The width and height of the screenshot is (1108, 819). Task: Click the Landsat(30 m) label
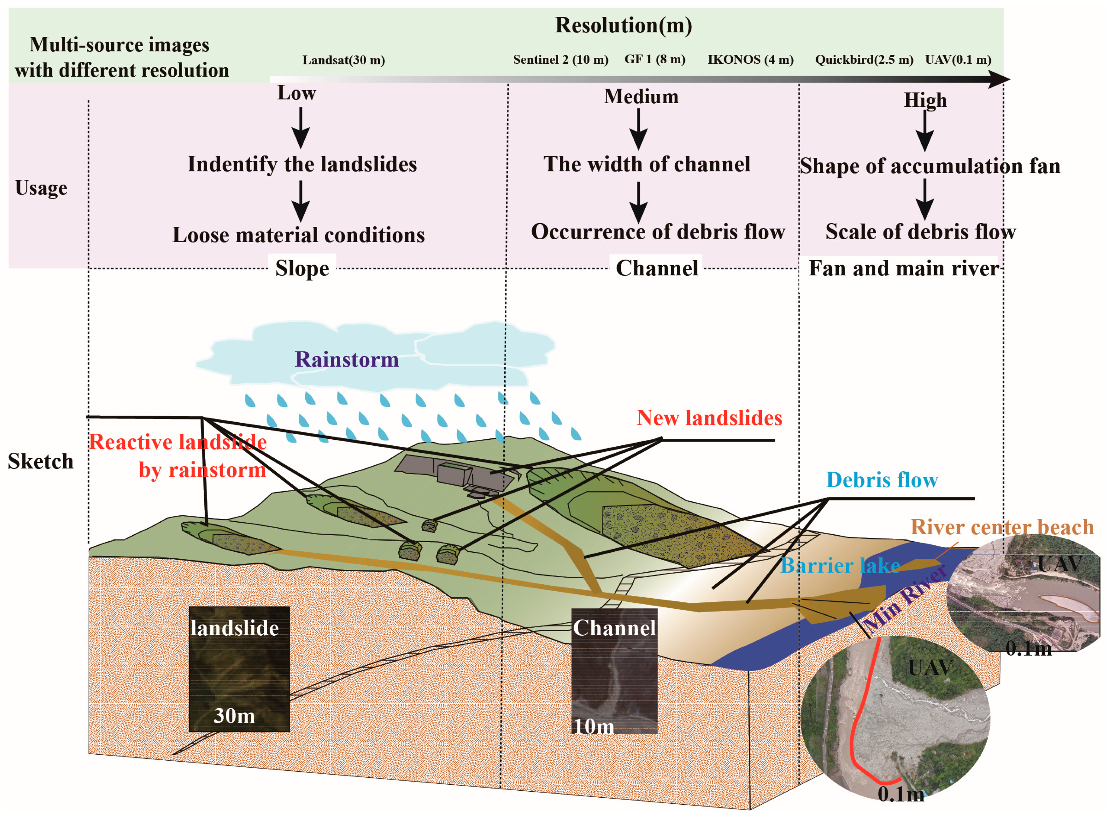(x=343, y=60)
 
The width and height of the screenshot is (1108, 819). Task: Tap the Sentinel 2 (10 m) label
(x=560, y=59)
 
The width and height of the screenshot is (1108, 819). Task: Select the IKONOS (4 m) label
(x=750, y=59)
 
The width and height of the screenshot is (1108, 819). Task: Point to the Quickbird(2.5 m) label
(x=864, y=59)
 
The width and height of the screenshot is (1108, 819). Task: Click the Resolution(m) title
(x=623, y=25)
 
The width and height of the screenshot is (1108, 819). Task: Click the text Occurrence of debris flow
(x=658, y=232)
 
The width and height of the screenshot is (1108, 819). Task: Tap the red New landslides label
(x=709, y=418)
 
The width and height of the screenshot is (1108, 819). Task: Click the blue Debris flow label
(x=882, y=480)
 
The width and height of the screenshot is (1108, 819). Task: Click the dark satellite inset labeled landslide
(x=239, y=669)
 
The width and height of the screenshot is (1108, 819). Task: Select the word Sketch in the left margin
(x=41, y=461)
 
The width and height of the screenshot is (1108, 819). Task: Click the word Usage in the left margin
(x=41, y=188)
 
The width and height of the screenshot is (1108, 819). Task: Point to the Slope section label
(x=302, y=268)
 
